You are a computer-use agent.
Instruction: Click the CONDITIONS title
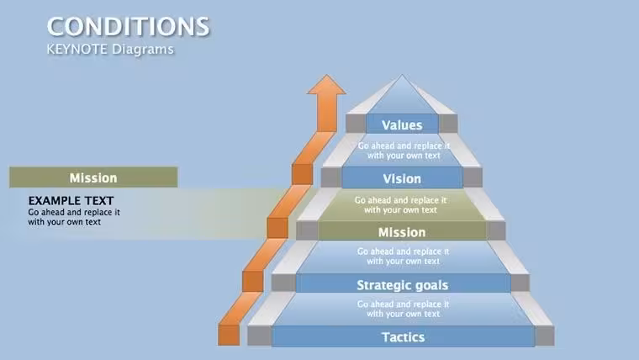coord(128,27)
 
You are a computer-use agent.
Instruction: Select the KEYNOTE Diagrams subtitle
coord(110,50)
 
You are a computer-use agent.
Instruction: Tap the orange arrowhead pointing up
coord(326,85)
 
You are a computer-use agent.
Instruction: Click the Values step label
coord(402,125)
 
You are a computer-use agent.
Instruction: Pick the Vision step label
coord(402,178)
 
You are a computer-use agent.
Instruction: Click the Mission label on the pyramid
coord(402,232)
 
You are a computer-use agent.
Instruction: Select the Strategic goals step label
coord(403,285)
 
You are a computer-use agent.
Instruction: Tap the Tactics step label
coord(403,337)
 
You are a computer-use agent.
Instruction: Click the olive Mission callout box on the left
coord(93,177)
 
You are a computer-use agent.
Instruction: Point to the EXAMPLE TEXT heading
coord(71,200)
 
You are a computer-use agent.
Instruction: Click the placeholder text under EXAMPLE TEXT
coord(74,217)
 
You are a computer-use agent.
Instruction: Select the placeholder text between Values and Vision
coord(404,151)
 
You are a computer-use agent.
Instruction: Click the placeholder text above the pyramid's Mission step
coord(400,205)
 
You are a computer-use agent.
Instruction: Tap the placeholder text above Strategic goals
coord(403,257)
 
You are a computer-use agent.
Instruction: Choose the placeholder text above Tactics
coord(403,309)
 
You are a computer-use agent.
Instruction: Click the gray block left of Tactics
coord(260,336)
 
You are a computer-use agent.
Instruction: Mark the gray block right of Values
coord(448,124)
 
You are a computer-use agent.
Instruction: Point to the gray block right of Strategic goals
coord(520,283)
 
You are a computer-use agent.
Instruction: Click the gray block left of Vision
coord(331,177)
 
